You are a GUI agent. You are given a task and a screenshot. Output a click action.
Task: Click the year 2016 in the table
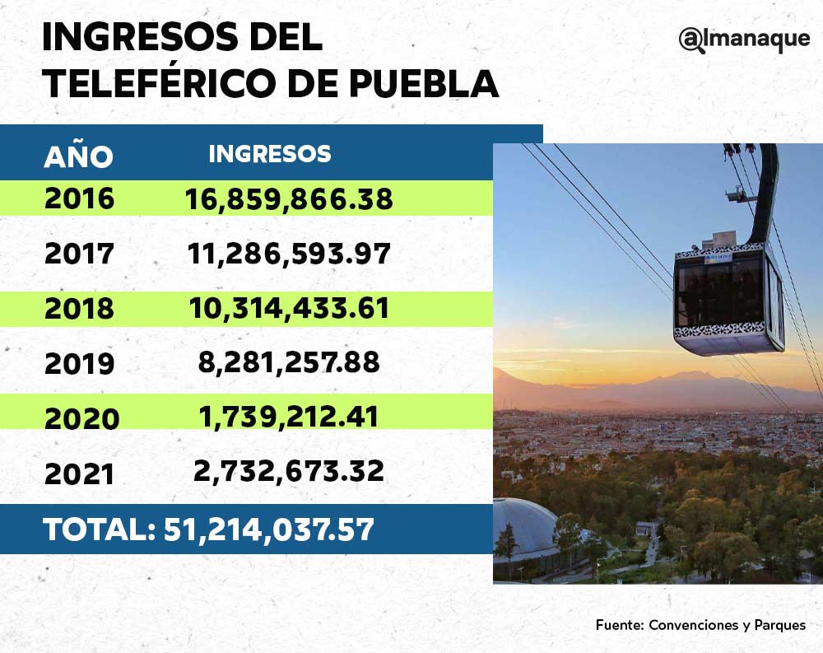point(79,198)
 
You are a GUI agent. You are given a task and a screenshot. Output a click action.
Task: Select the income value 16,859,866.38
point(289,198)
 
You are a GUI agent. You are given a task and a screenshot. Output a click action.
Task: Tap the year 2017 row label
point(79,254)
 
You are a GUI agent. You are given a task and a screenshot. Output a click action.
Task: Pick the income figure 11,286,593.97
point(289,254)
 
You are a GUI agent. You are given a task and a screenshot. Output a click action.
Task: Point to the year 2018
point(79,309)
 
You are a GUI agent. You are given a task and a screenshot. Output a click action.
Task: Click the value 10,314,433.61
point(289,309)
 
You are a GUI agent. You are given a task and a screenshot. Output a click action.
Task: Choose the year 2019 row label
point(79,363)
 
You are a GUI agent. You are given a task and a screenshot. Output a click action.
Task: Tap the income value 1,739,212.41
point(289,417)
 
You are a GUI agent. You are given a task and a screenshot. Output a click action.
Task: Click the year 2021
point(79,473)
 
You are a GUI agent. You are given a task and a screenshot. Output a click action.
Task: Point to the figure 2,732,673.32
point(289,472)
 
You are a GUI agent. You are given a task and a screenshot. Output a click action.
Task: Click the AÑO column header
point(78,156)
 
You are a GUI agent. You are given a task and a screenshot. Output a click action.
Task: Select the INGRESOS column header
point(270,154)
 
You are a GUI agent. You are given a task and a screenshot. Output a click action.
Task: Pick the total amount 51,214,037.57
point(269,529)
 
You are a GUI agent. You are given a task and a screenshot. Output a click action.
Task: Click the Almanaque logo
point(744,40)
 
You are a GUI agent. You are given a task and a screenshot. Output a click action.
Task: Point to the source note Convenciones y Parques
point(727,625)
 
